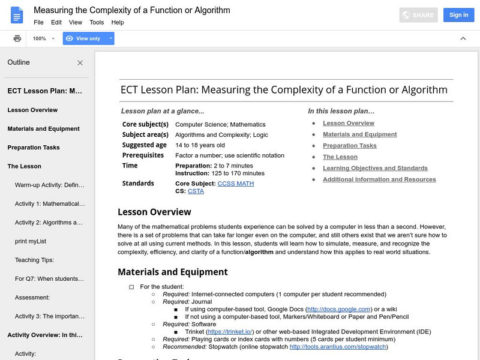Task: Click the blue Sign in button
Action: [458, 14]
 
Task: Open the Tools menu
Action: [97, 22]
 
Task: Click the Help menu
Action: [118, 22]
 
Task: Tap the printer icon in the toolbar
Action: [17, 38]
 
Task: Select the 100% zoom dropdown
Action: [43, 38]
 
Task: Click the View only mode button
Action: [88, 38]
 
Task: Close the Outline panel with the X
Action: [80, 62]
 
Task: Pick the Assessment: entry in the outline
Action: [32, 297]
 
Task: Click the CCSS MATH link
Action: [236, 183]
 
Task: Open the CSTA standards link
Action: [196, 191]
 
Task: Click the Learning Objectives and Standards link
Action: [375, 168]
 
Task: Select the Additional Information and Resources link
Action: [379, 179]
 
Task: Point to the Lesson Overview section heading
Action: [154, 212]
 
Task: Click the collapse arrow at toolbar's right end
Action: [463, 38]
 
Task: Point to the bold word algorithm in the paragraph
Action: [259, 252]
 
